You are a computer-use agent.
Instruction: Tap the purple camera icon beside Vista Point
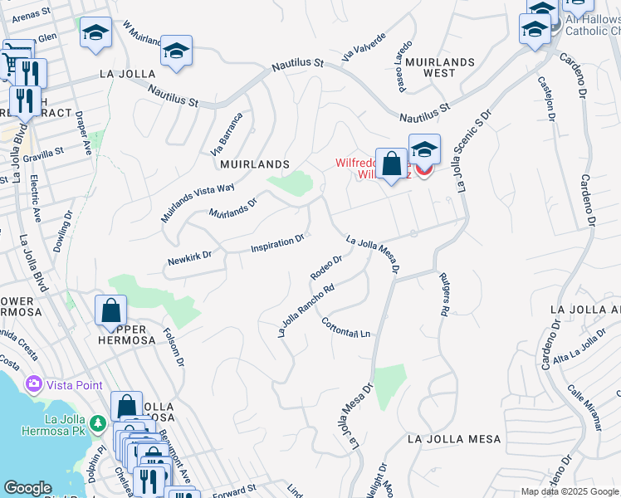point(34,384)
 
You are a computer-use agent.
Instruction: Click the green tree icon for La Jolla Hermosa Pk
point(98,424)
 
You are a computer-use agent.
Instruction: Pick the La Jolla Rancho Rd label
point(306,311)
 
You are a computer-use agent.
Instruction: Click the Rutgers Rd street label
point(443,294)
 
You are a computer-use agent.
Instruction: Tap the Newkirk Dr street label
point(191,256)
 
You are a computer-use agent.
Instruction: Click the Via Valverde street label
point(364,48)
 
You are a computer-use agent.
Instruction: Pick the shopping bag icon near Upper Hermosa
point(110,312)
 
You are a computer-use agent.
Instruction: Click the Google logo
point(27,488)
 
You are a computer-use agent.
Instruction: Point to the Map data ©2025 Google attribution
point(569,491)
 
